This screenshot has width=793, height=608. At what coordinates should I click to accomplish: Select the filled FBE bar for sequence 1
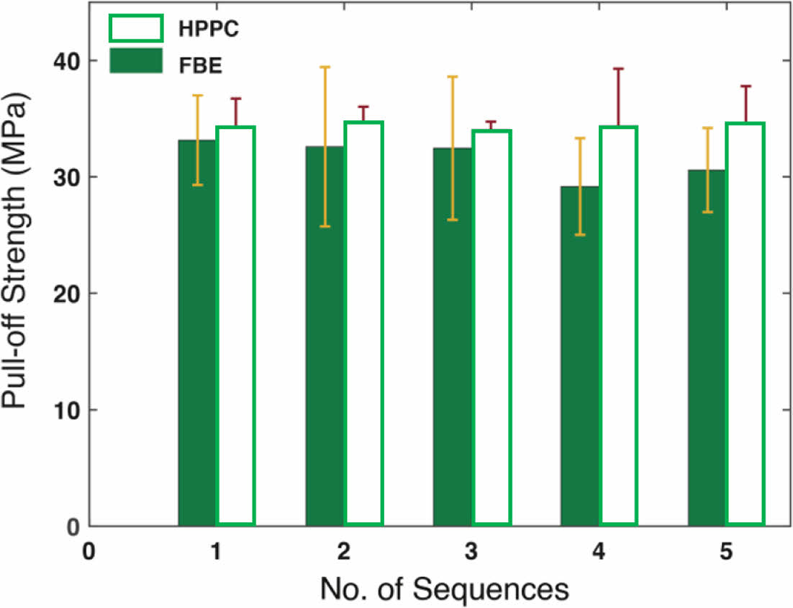[197, 331]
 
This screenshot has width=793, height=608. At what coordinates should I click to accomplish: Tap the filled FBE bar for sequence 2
[325, 335]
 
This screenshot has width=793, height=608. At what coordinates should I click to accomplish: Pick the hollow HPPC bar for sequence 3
[491, 327]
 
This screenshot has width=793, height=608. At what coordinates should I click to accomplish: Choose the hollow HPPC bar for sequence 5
[745, 323]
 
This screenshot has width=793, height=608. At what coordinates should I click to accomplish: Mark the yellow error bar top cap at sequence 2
[325, 67]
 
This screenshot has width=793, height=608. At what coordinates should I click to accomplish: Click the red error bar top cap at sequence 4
[617, 68]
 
